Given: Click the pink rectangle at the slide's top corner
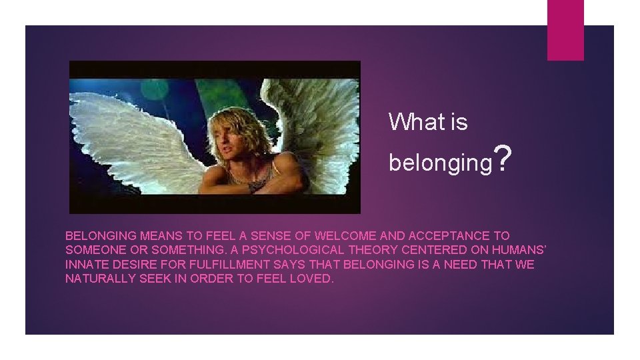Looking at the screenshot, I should click(565, 29).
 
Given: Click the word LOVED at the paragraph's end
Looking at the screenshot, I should click(312, 279).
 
